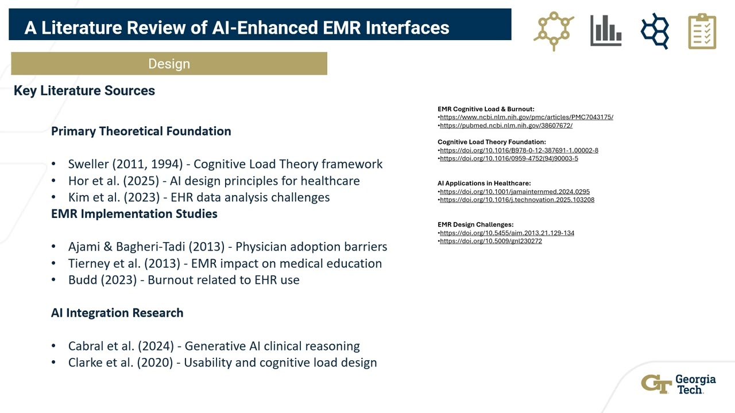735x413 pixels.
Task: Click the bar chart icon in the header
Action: (606, 30)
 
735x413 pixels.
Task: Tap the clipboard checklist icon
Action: (702, 31)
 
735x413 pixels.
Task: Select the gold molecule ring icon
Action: (554, 30)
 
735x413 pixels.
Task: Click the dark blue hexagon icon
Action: (655, 30)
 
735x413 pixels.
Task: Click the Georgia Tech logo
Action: (679, 384)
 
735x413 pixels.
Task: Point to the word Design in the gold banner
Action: (169, 64)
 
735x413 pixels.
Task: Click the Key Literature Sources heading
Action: (84, 91)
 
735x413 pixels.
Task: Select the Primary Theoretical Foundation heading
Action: (141, 131)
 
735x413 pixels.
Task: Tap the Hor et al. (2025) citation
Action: (214, 181)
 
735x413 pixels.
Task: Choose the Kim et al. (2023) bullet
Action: (199, 197)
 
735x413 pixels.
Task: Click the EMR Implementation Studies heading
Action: (134, 213)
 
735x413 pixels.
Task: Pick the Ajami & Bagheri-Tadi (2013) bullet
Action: (227, 247)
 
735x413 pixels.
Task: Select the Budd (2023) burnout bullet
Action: (184, 280)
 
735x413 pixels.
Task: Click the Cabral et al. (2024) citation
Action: (214, 346)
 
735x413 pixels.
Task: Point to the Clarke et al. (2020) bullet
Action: (222, 363)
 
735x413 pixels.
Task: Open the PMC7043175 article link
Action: (526, 117)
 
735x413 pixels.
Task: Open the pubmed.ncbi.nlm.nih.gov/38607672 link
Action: (506, 126)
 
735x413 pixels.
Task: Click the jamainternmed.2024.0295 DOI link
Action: (514, 192)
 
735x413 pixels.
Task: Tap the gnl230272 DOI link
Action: (490, 241)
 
